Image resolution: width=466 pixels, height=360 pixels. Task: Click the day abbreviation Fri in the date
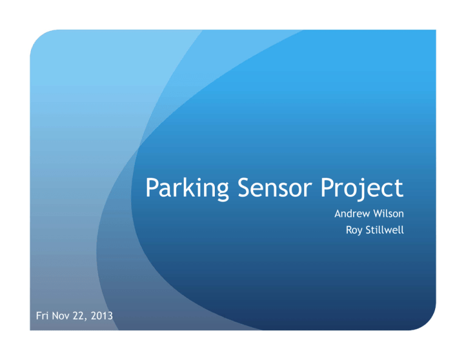(42, 316)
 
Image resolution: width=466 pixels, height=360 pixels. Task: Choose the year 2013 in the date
(102, 316)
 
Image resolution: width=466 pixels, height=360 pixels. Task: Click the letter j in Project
(362, 189)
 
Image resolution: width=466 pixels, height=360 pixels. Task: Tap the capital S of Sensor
(245, 188)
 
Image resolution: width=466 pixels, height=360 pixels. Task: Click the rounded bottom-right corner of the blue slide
(430, 324)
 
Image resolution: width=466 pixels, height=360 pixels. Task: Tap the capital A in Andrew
(339, 214)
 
